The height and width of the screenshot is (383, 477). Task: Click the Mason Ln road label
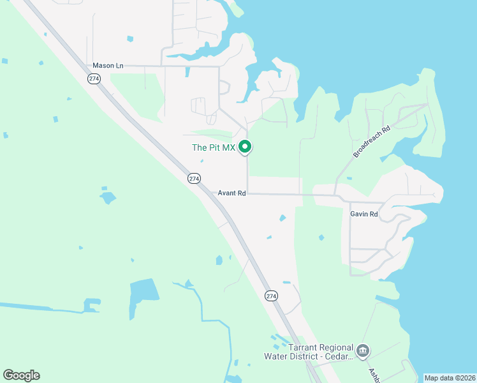tap(108, 65)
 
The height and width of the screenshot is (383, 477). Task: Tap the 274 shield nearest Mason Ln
tap(94, 78)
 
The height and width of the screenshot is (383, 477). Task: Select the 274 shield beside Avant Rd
tap(194, 179)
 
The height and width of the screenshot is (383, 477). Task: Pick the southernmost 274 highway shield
tap(271, 296)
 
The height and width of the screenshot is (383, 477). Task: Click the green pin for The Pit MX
tap(245, 147)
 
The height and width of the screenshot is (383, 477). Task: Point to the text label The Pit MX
tap(214, 147)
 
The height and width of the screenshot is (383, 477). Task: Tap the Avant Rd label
tap(231, 193)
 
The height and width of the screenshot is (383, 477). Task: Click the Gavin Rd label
tap(364, 214)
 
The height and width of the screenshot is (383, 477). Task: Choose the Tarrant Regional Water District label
tap(321, 352)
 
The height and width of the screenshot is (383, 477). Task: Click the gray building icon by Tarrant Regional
tap(363, 350)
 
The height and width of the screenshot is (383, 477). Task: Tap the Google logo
tap(21, 375)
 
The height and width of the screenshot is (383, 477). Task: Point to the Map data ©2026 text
tap(449, 378)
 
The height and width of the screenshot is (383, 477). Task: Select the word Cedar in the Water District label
tap(337, 357)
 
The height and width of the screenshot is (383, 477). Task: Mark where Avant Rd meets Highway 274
tap(212, 192)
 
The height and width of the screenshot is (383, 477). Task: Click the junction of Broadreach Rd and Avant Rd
tap(334, 195)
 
